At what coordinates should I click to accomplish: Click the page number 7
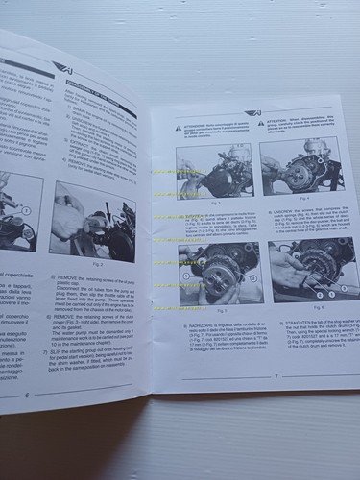[276, 376]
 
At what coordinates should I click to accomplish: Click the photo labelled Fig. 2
[92, 221]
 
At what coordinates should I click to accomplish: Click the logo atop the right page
[252, 111]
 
